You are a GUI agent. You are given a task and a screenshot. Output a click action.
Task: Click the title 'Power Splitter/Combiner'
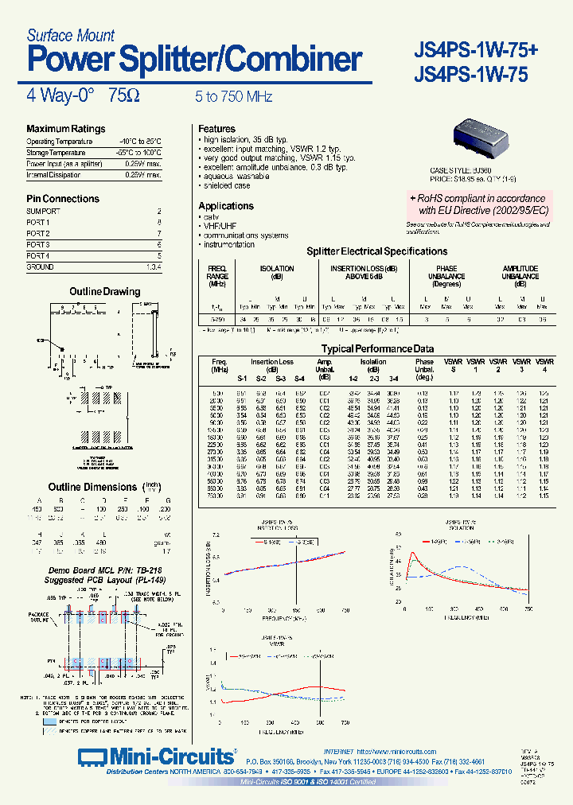pyautogui.click(x=195, y=60)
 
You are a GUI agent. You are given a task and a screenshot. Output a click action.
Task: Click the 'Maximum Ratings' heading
pyautogui.click(x=65, y=129)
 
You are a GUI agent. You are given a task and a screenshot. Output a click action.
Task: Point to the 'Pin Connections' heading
pyautogui.click(x=63, y=199)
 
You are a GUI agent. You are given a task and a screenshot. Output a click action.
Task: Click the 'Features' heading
pyautogui.click(x=216, y=129)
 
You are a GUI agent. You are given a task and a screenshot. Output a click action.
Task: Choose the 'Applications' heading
pyautogui.click(x=226, y=206)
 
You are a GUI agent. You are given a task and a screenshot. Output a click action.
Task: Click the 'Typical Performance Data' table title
pyautogui.click(x=377, y=349)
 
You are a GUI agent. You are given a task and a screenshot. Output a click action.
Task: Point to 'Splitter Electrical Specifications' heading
pyautogui.click(x=377, y=251)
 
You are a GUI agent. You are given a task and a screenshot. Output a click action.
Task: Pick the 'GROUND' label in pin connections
pyautogui.click(x=40, y=267)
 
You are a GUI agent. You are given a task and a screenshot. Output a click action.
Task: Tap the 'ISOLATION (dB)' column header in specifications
pyautogui.click(x=277, y=273)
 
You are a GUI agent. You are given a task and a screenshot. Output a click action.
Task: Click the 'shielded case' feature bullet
pyautogui.click(x=227, y=186)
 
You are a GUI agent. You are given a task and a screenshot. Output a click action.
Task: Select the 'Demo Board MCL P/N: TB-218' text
pyautogui.click(x=95, y=571)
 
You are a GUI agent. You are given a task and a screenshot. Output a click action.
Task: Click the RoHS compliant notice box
pyautogui.click(x=482, y=204)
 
